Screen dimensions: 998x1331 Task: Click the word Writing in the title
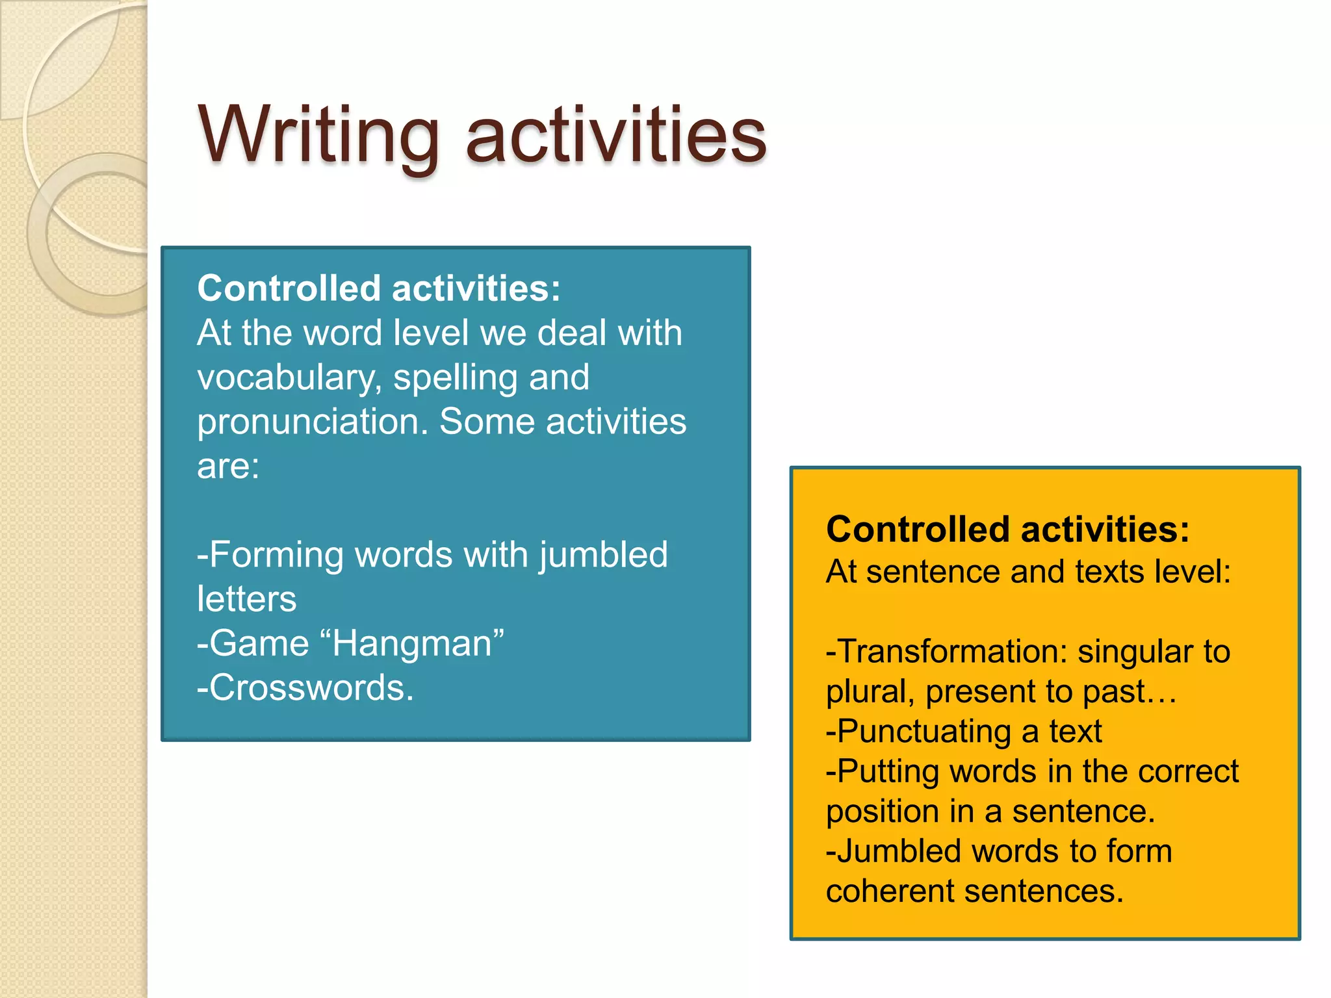tap(318, 136)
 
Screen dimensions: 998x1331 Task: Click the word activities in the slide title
tap(616, 136)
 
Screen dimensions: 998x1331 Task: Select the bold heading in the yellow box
tap(1007, 529)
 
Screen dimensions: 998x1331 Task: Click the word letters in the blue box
tap(247, 599)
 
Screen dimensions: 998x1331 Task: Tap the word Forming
tap(276, 556)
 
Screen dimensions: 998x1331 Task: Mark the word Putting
tap(887, 772)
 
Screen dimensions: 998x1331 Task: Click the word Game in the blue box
tap(259, 644)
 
